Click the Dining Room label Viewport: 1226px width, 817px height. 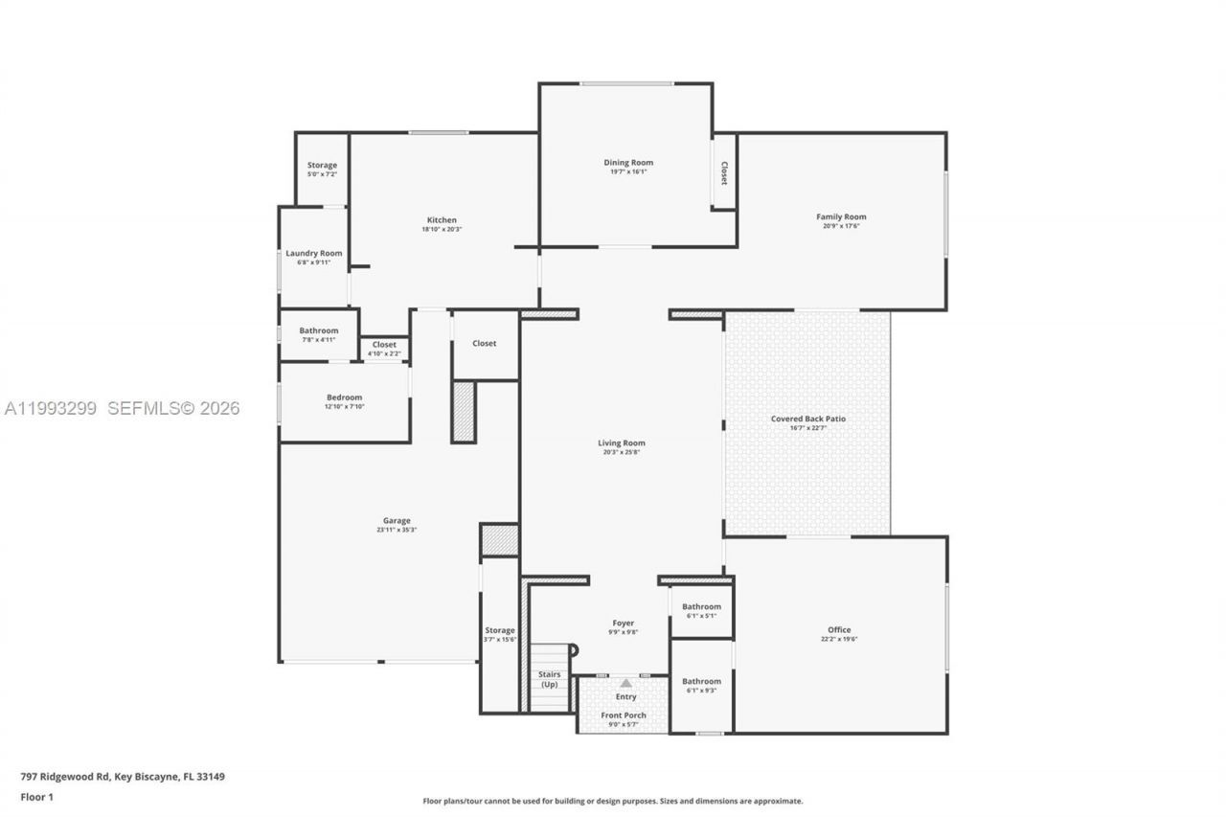pyautogui.click(x=628, y=163)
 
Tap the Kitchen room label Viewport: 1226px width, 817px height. pyautogui.click(x=442, y=220)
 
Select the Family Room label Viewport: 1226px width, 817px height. pyautogui.click(x=841, y=217)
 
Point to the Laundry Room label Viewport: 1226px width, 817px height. pyautogui.click(x=314, y=254)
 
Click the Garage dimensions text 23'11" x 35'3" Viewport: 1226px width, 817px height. pyautogui.click(x=397, y=530)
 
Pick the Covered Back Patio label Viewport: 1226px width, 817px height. pyautogui.click(x=808, y=419)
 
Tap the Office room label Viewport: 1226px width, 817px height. pyautogui.click(x=839, y=630)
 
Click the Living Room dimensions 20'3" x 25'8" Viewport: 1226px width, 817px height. pyautogui.click(x=622, y=452)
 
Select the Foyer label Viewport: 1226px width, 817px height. pyautogui.click(x=624, y=624)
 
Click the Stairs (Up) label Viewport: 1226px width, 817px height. pyautogui.click(x=550, y=679)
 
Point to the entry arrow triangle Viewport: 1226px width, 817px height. pyautogui.click(x=625, y=683)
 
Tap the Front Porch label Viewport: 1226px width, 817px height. pyautogui.click(x=624, y=715)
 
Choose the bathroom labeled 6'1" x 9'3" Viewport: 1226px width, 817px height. pyautogui.click(x=702, y=682)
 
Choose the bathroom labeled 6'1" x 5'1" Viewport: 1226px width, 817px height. pyautogui.click(x=702, y=607)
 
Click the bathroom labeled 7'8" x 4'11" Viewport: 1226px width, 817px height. pyautogui.click(x=318, y=331)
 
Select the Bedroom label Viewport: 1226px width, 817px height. pyautogui.click(x=344, y=397)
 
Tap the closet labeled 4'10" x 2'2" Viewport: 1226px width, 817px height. pyautogui.click(x=384, y=345)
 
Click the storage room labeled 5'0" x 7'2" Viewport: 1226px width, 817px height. pyautogui.click(x=322, y=166)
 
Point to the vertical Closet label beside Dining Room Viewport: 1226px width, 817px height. pyautogui.click(x=724, y=173)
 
